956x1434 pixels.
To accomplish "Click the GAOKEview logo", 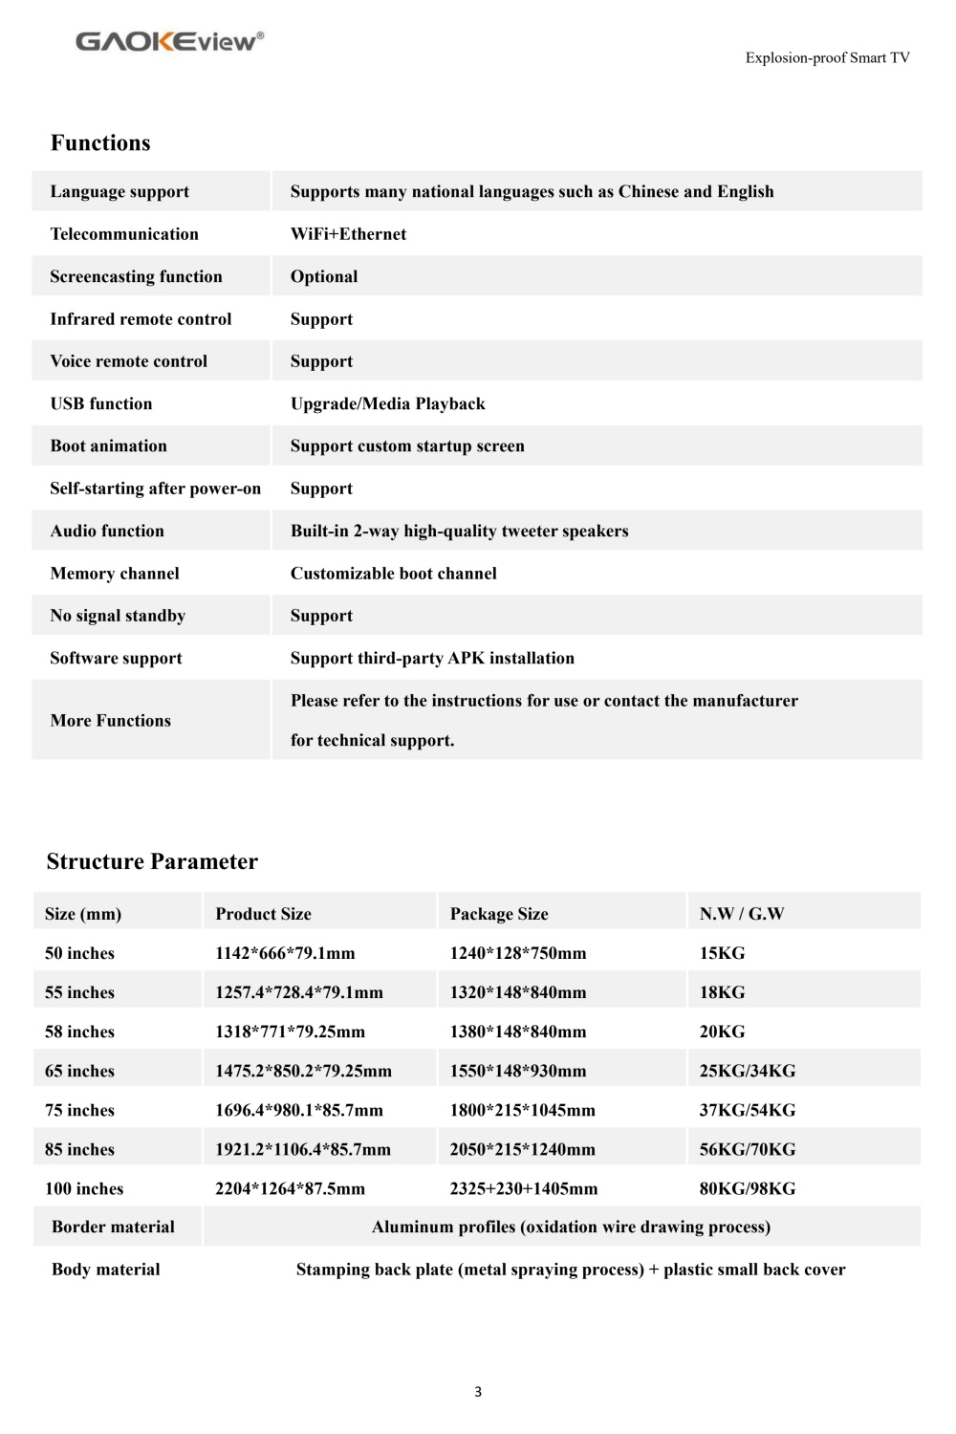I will tap(169, 41).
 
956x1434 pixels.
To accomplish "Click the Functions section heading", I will tap(100, 143).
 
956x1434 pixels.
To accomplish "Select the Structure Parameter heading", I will tap(152, 861).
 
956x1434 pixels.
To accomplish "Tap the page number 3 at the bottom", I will tap(478, 1391).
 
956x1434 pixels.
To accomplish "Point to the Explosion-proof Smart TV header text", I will tap(827, 57).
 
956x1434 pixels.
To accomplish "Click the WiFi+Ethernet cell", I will tap(348, 234).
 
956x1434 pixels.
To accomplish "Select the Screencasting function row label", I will tap(136, 276).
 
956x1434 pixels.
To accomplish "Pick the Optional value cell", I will tap(324, 276).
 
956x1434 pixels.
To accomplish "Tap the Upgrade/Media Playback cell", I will tap(387, 403).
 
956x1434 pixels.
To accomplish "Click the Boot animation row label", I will tap(108, 445).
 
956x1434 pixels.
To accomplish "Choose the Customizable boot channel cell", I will tap(393, 574).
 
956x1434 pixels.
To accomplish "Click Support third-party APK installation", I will tap(432, 658).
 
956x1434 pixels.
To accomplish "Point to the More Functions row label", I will tap(110, 721).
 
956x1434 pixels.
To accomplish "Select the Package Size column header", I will tap(499, 914).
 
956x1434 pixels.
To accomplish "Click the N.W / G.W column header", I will tap(741, 914).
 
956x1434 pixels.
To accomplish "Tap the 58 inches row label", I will tap(79, 1032).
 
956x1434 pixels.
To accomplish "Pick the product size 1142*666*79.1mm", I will tap(285, 953).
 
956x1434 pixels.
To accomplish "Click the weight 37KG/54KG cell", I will tap(747, 1110).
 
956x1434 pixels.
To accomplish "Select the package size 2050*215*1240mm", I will tap(522, 1149).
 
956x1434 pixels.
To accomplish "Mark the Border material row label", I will tap(113, 1227).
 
